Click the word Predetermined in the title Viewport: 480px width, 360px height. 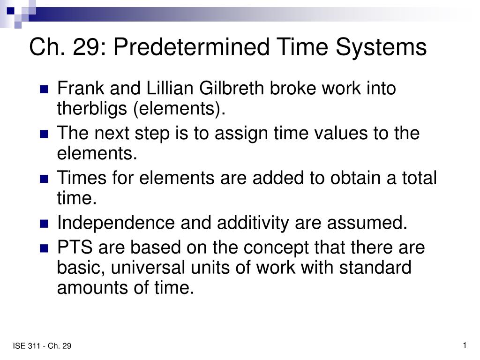[x=192, y=47]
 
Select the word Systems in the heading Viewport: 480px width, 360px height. [x=381, y=48]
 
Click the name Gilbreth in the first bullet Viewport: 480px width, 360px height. [x=232, y=88]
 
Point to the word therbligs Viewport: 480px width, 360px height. [x=92, y=109]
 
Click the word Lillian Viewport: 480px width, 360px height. [x=170, y=88]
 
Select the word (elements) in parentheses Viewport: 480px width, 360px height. [x=180, y=109]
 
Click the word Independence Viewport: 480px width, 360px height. [x=116, y=223]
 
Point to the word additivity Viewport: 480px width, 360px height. [x=253, y=223]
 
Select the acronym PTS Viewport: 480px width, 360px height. [x=75, y=247]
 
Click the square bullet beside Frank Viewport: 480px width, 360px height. [x=44, y=89]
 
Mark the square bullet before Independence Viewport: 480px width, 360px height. [x=44, y=224]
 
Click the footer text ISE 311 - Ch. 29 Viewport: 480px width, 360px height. [x=42, y=346]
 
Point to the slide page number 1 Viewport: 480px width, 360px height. [x=465, y=345]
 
